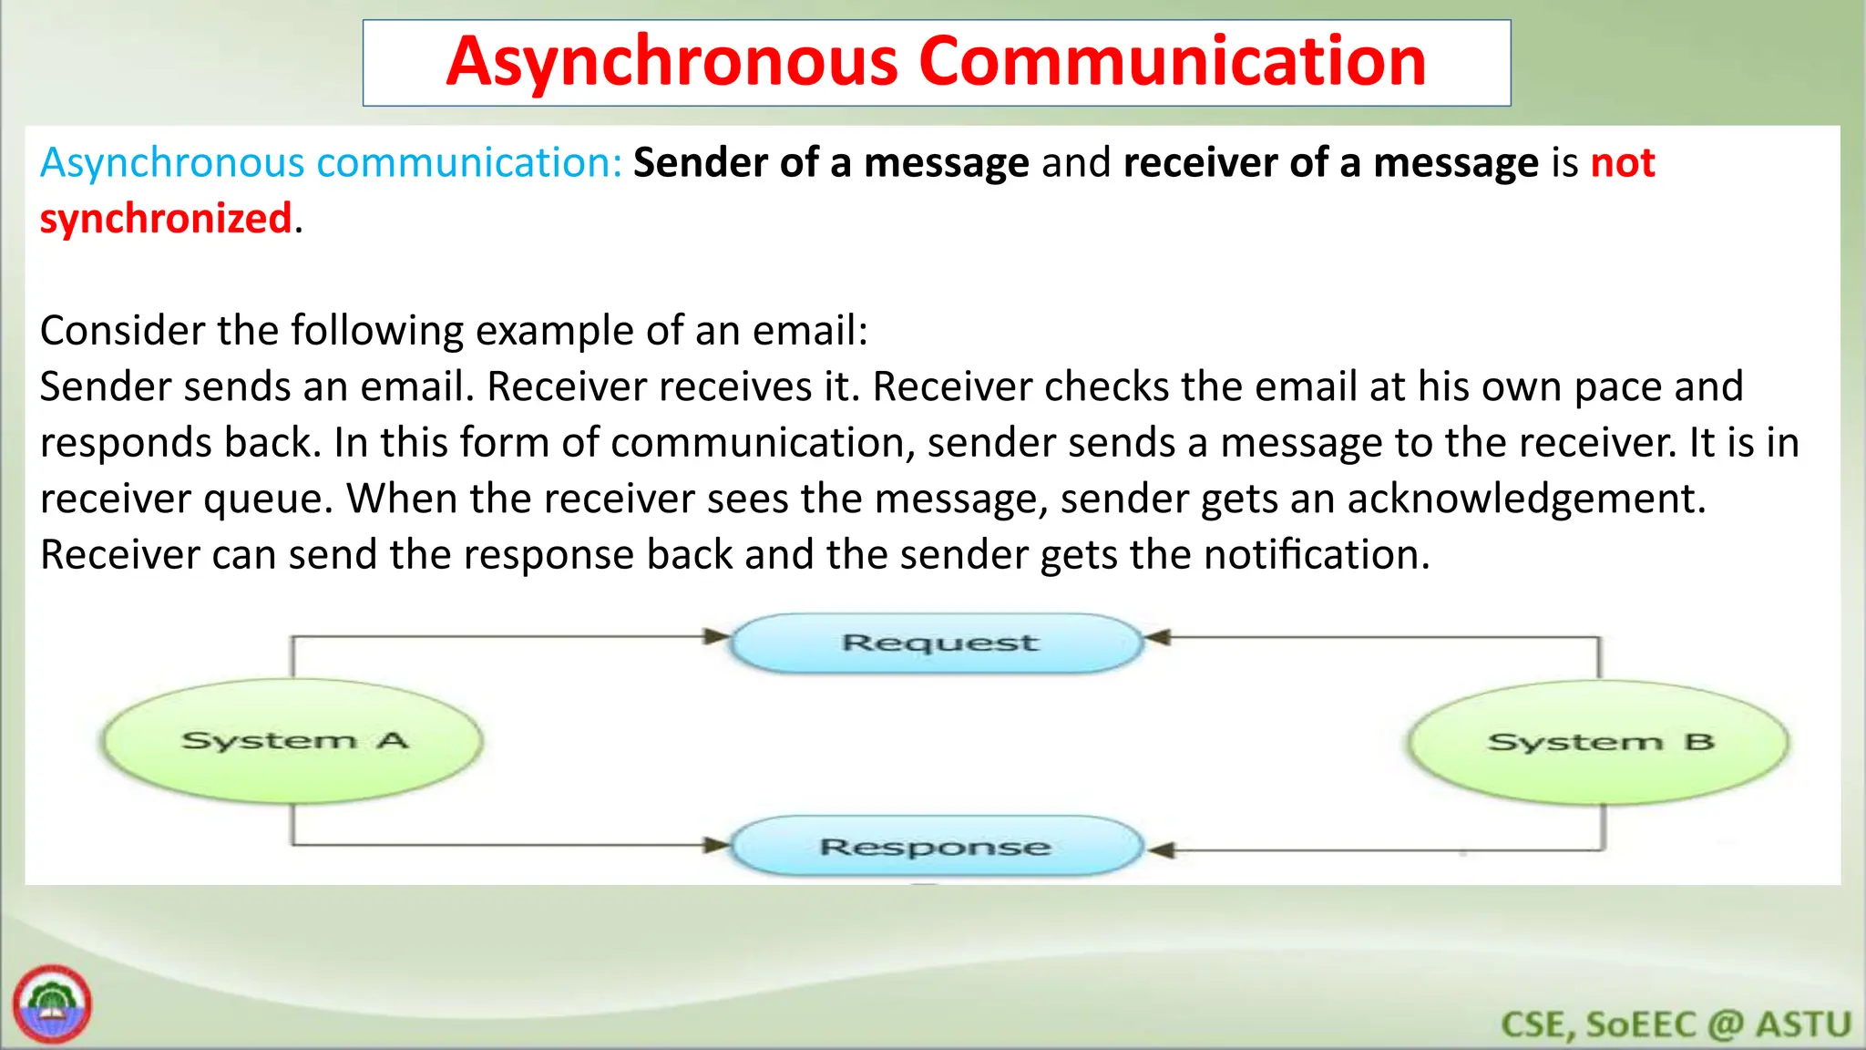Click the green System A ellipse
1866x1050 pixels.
point(292,740)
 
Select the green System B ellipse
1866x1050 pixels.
point(1598,742)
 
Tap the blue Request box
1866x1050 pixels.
point(938,643)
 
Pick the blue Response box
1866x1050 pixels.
point(937,847)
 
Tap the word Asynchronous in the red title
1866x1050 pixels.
point(672,62)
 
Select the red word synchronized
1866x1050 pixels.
point(166,219)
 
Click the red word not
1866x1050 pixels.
point(1623,163)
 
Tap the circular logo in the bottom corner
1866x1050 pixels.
point(52,1005)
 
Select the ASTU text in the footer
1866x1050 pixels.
point(1803,1024)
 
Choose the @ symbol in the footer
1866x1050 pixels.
point(1725,1024)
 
